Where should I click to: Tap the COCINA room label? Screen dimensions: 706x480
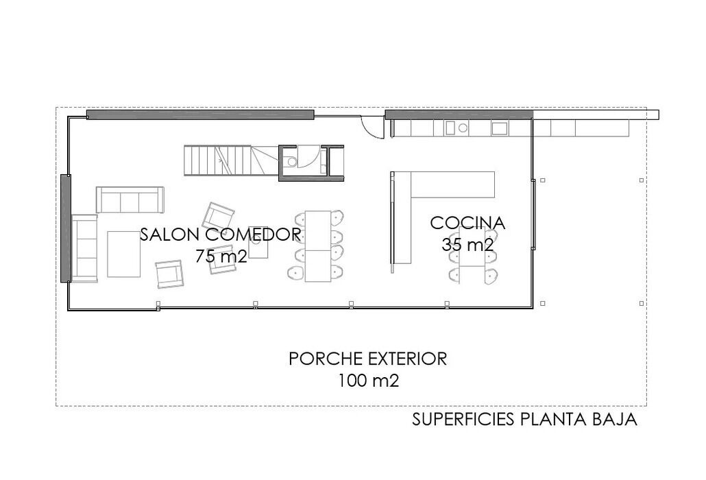pos(467,223)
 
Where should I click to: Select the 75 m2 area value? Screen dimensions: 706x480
pos(221,256)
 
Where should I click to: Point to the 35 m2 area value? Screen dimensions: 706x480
pos(467,245)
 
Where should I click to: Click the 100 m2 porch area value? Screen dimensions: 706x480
pos(368,381)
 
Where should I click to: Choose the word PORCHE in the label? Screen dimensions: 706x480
pos(326,359)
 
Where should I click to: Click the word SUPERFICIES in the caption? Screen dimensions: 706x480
pos(463,420)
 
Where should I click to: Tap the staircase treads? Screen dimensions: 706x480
pos(217,160)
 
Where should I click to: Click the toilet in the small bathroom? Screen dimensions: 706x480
pos(291,161)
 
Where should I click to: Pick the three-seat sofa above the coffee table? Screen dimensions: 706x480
pos(130,200)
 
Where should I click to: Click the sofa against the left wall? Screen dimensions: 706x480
pos(84,248)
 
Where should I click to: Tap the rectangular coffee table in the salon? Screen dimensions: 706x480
pos(124,254)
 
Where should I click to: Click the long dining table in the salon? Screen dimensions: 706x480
pos(318,246)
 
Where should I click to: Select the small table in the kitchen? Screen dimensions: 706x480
pos(472,256)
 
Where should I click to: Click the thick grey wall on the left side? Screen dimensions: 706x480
pos(66,228)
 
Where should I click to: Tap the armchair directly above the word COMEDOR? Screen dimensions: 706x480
pos(218,216)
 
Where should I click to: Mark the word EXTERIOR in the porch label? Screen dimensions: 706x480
pos(407,359)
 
